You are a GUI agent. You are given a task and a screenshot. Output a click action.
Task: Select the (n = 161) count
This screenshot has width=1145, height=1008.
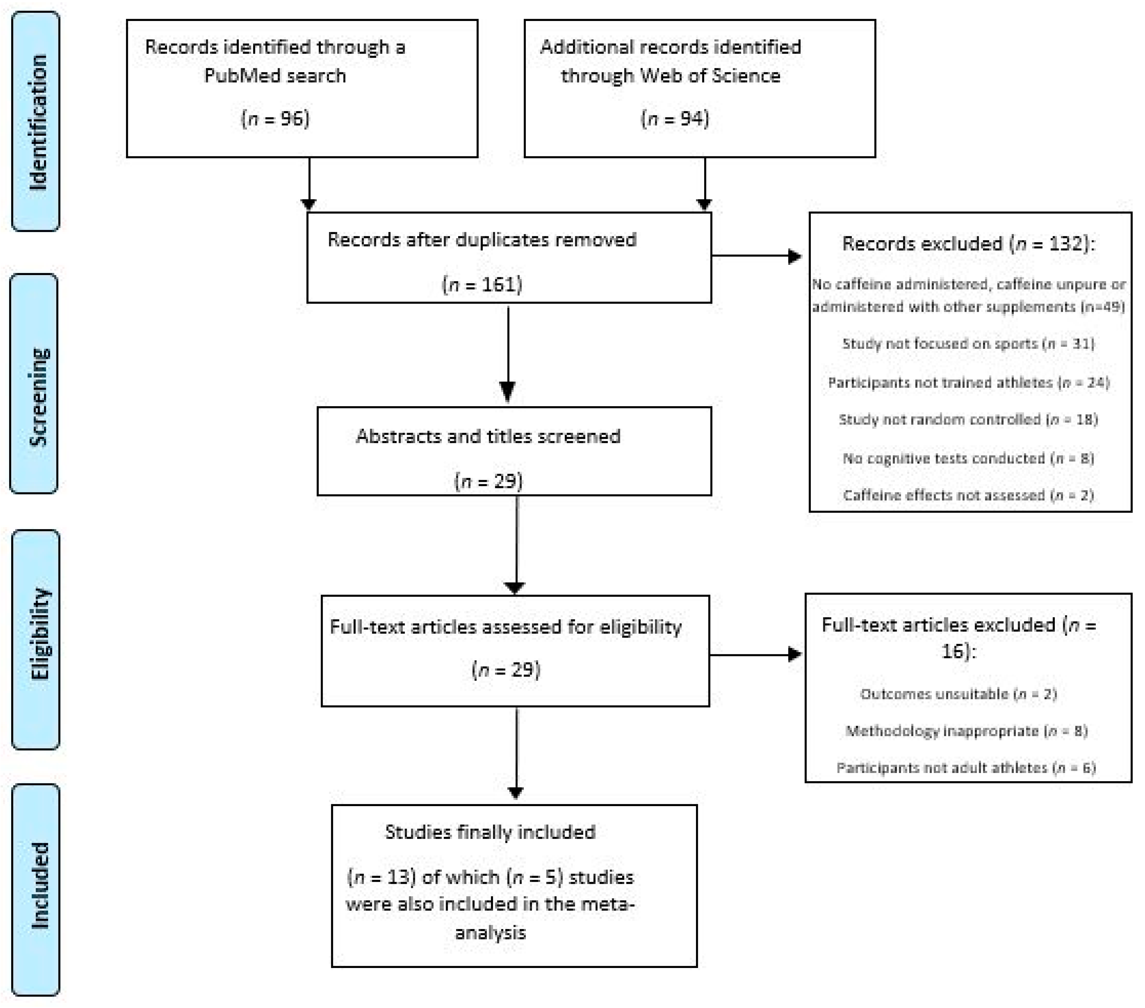point(482,285)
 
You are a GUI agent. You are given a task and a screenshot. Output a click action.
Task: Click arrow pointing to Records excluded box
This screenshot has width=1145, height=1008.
point(756,256)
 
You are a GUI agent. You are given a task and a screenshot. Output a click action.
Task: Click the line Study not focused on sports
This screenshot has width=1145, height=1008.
point(968,343)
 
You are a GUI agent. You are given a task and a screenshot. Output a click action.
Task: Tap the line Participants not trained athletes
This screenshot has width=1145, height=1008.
point(968,383)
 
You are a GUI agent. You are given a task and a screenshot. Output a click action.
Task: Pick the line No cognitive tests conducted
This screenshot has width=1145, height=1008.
point(968,458)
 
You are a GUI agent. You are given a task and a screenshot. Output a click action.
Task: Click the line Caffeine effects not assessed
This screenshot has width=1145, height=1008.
point(968,495)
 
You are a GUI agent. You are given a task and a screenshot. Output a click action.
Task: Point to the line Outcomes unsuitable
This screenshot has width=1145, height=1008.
point(958,694)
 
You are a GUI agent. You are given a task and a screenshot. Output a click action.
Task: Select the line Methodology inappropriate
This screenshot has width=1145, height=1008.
point(966,731)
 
